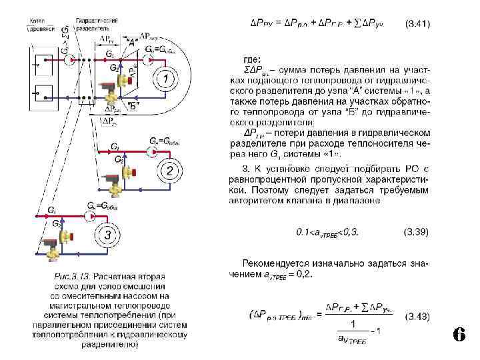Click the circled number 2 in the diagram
point(171,171)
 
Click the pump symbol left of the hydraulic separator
point(69,60)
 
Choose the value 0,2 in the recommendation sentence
point(305,273)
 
